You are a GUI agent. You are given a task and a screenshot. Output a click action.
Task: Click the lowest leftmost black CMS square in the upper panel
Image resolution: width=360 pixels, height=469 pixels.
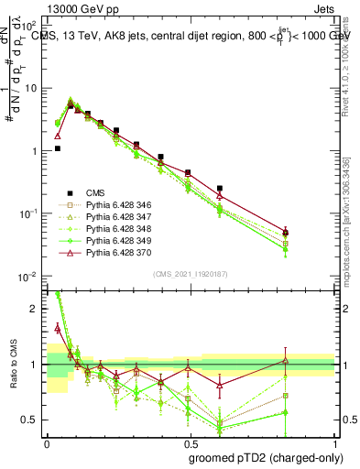[x=58, y=147]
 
